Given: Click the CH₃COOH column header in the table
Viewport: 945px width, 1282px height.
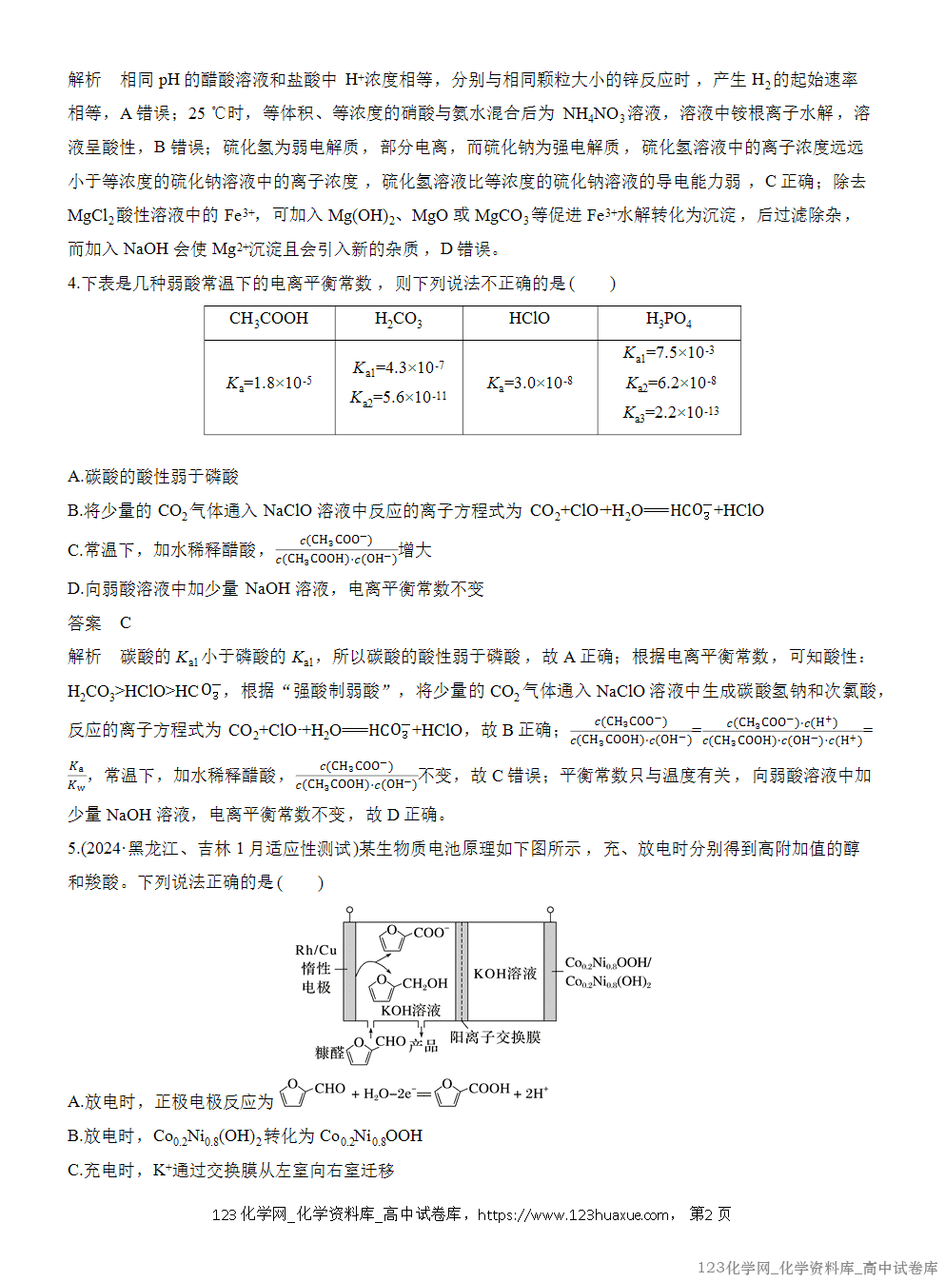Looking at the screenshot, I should coord(268,320).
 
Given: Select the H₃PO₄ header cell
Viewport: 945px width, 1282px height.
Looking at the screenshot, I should coord(668,320).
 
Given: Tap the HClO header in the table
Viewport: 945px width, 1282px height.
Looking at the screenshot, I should coord(529,319).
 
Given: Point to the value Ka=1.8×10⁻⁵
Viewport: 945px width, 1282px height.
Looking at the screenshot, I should coord(268,383).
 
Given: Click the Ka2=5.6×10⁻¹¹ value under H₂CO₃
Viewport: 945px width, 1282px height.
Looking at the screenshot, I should coord(398,397).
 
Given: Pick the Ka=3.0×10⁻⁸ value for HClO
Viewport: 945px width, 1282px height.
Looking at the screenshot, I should coord(529,383).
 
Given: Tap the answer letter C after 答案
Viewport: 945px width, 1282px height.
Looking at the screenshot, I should coord(126,623).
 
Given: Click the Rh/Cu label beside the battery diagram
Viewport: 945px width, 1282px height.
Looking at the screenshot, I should coord(316,950).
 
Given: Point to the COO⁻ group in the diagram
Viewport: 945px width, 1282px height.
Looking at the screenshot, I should coord(430,933).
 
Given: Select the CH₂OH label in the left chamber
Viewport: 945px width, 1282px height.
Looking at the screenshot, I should coord(424,983).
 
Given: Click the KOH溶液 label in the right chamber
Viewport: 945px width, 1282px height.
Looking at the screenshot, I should coord(505,974).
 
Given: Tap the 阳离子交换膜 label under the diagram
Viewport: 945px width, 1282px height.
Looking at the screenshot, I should coord(495,1037).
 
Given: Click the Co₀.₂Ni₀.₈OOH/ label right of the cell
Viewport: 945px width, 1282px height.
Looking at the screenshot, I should coord(608,963).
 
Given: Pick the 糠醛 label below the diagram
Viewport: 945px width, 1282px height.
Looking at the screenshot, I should coord(329,1053).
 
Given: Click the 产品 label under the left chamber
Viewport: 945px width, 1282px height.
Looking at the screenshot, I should coord(423,1045).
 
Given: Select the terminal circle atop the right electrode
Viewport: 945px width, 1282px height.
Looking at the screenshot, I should coord(549,912).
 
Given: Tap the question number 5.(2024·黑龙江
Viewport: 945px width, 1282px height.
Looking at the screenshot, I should coord(114,849).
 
